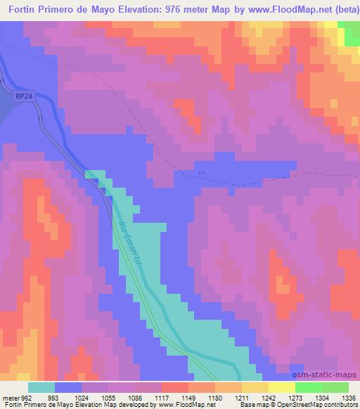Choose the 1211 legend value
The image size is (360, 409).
(x=242, y=397)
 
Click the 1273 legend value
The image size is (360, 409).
(x=295, y=397)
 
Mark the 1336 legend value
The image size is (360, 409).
(x=349, y=397)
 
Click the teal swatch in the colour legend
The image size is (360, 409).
(x=41, y=387)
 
